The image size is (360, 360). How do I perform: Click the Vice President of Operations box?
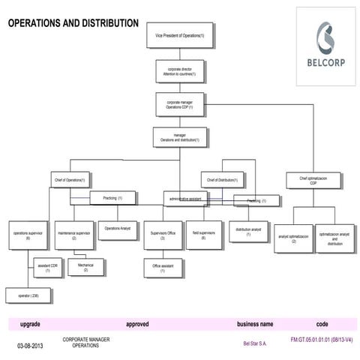179,34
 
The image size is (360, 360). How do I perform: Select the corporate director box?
179,71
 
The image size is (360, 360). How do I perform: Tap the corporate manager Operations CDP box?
179,106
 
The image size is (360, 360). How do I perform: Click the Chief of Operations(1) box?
70,179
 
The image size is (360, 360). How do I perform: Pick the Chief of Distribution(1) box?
222,179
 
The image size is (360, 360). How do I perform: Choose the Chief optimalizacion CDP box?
313,179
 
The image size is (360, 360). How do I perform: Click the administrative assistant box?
184,199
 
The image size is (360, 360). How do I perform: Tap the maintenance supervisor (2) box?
74,235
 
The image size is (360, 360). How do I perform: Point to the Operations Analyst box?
118,229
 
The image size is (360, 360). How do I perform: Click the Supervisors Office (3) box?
163,235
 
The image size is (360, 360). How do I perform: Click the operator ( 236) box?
28,297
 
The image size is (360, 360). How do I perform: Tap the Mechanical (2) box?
85,266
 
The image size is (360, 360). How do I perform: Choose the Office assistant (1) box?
163,268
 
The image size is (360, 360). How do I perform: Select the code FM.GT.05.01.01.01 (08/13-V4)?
321,340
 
